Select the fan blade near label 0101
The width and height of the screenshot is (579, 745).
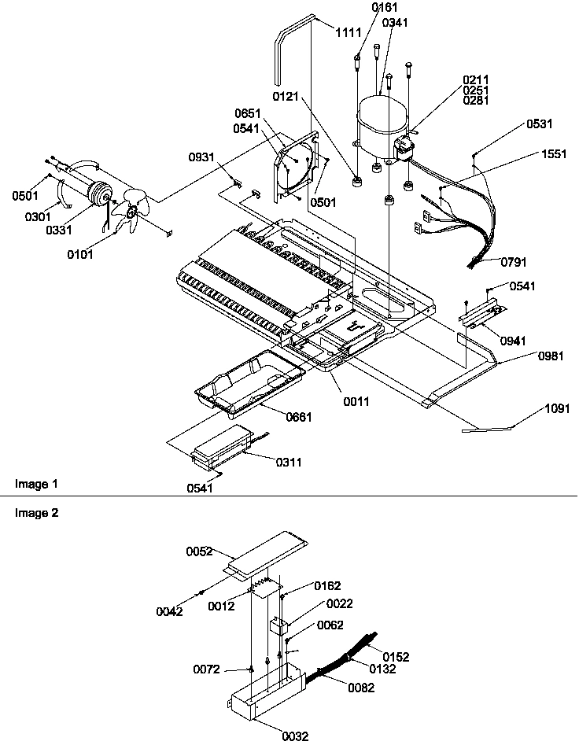click(127, 212)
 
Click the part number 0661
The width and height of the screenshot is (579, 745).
click(299, 417)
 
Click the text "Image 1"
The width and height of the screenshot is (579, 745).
click(37, 482)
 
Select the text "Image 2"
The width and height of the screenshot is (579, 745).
click(37, 512)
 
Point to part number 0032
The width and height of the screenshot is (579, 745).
click(296, 736)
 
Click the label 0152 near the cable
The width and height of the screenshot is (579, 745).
click(396, 656)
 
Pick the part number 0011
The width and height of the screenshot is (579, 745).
click(356, 401)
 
